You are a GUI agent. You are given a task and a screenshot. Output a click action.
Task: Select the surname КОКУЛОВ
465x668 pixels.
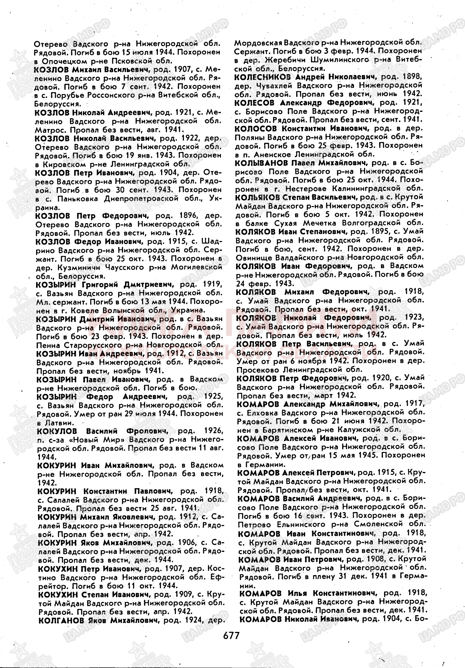pos(57,431)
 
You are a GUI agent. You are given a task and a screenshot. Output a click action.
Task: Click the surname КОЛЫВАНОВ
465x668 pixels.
pos(261,163)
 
